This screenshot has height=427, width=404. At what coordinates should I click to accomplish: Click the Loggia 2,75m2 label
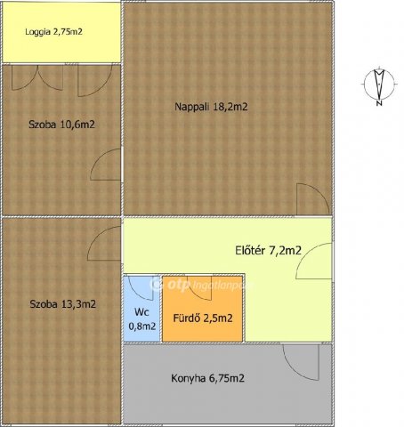(x=53, y=32)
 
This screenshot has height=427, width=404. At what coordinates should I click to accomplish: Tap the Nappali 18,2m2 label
(x=211, y=107)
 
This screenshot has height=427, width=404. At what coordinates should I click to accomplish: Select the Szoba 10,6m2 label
(x=61, y=125)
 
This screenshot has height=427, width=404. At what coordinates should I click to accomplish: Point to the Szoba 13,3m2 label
(x=63, y=304)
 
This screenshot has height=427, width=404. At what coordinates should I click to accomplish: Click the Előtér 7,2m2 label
(x=268, y=251)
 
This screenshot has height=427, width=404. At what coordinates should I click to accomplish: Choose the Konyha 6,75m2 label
(x=207, y=378)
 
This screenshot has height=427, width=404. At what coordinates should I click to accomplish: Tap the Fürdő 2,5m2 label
(x=203, y=318)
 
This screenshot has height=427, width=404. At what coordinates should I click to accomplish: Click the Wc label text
(x=141, y=312)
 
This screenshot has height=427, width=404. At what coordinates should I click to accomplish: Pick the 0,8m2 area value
(x=142, y=326)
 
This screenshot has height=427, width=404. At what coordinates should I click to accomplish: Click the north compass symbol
(x=379, y=84)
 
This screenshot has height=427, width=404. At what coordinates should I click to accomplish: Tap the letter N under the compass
(x=379, y=103)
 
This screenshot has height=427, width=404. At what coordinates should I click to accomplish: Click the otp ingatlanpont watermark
(x=203, y=285)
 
